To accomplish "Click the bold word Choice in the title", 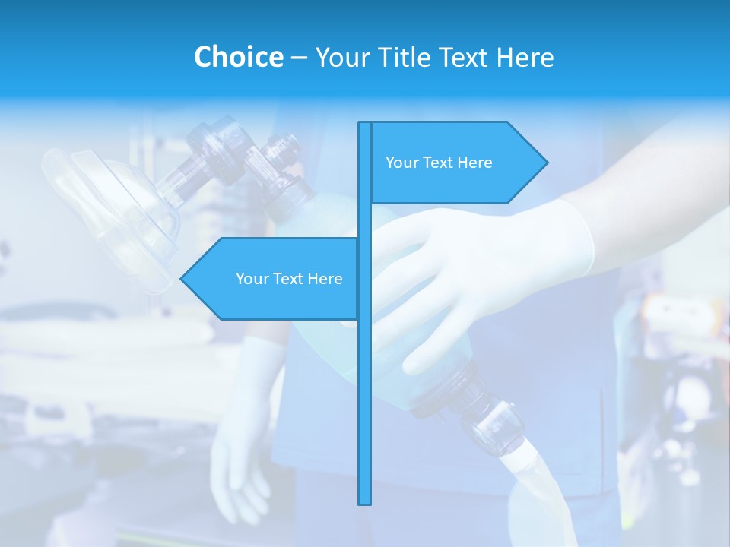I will [x=238, y=57].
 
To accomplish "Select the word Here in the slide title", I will [x=525, y=57].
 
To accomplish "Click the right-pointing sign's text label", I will [x=439, y=163].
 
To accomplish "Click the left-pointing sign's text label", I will [x=289, y=279].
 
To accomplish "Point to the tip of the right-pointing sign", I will [x=546, y=163].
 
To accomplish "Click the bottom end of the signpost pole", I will [x=365, y=501].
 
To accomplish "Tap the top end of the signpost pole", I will [x=365, y=124].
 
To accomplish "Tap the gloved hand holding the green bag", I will [x=471, y=273].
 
